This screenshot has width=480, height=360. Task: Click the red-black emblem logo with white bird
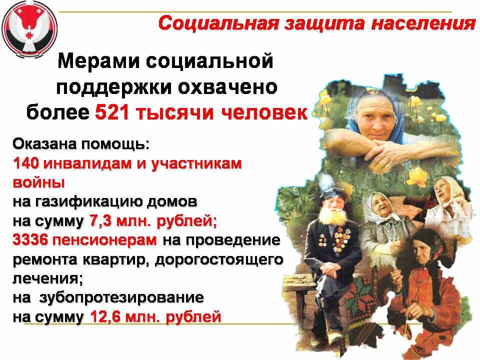[29, 29]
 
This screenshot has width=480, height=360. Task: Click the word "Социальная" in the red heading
[219, 23]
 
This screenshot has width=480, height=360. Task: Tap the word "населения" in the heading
[423, 23]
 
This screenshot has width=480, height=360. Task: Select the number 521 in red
[111, 112]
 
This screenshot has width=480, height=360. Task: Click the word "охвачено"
[228, 87]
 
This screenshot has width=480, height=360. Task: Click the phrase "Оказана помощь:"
[81, 144]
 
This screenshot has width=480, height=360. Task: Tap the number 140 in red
[25, 163]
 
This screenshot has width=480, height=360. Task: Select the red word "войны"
[38, 183]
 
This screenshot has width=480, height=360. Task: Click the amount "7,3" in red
[100, 221]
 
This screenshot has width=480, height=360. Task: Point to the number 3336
[30, 240]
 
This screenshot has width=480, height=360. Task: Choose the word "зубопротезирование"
[121, 298]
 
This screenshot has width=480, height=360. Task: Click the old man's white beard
[332, 216]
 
